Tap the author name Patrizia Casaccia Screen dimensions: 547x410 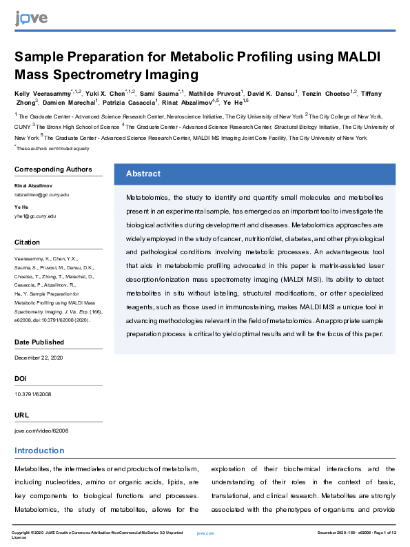point(134,103)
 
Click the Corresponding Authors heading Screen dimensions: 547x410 point(53,169)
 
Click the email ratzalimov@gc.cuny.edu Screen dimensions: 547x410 point(42,195)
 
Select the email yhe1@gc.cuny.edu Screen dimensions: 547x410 point(35,216)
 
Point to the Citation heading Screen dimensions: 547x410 point(28,242)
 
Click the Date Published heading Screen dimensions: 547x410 point(39,342)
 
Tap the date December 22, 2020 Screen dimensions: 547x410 point(39,358)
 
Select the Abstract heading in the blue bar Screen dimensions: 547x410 point(143,174)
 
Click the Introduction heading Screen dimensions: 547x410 point(39,451)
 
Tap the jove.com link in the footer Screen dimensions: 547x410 point(206,533)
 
